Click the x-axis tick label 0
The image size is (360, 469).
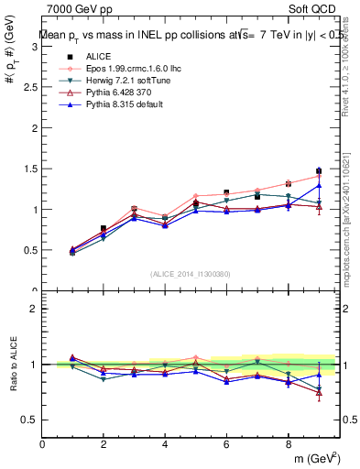point(42,445)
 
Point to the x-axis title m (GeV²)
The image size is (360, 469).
point(316,458)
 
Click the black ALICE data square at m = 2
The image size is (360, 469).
point(104,228)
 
